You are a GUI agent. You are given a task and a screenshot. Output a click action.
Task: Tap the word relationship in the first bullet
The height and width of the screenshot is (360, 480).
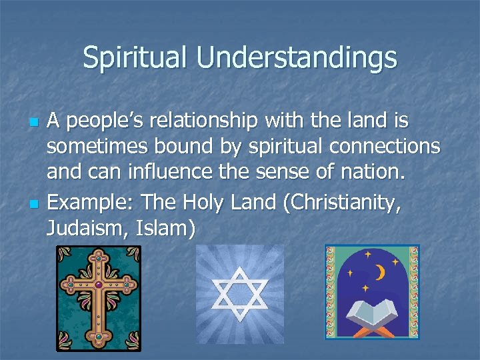(203, 122)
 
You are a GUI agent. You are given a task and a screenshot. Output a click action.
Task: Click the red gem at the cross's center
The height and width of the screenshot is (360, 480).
(99, 285)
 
